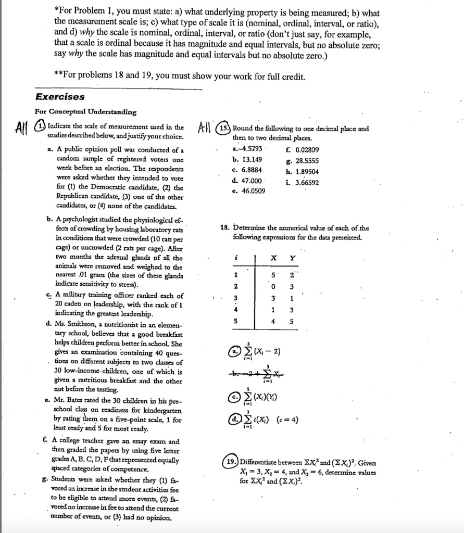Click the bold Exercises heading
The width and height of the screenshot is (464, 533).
coord(59,97)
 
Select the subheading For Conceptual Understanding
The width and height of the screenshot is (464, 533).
coord(85,112)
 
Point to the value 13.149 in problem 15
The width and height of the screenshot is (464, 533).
coord(247,160)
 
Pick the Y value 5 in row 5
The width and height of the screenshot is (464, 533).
coord(292,321)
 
